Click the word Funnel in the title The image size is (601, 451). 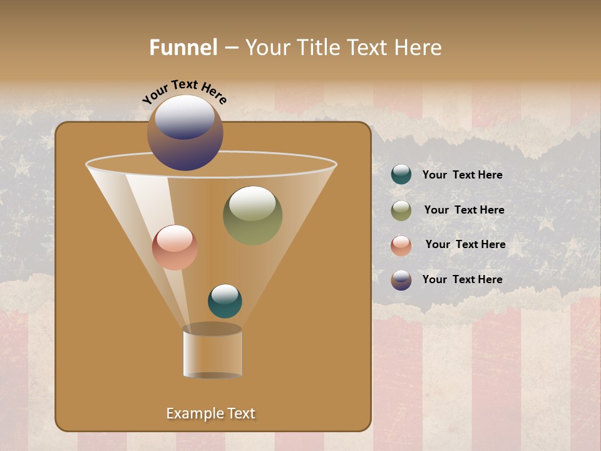[x=183, y=48]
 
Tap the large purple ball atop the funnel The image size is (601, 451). [x=185, y=133]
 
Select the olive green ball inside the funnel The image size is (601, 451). [x=252, y=216]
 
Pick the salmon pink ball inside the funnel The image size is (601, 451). [x=175, y=247]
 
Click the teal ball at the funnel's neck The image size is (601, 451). [x=225, y=301]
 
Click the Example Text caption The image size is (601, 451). [x=210, y=413]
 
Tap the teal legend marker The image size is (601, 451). [x=401, y=175]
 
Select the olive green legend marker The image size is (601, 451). [x=401, y=210]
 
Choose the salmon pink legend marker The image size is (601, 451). [x=401, y=246]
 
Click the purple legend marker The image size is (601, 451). [x=401, y=280]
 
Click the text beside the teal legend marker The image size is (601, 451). [x=462, y=175]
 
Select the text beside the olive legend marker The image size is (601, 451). [x=464, y=210]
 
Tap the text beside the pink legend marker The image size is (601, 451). [x=465, y=245]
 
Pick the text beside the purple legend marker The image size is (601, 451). [x=462, y=279]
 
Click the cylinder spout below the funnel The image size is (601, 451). [x=212, y=353]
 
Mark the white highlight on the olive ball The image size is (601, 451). [x=252, y=202]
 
